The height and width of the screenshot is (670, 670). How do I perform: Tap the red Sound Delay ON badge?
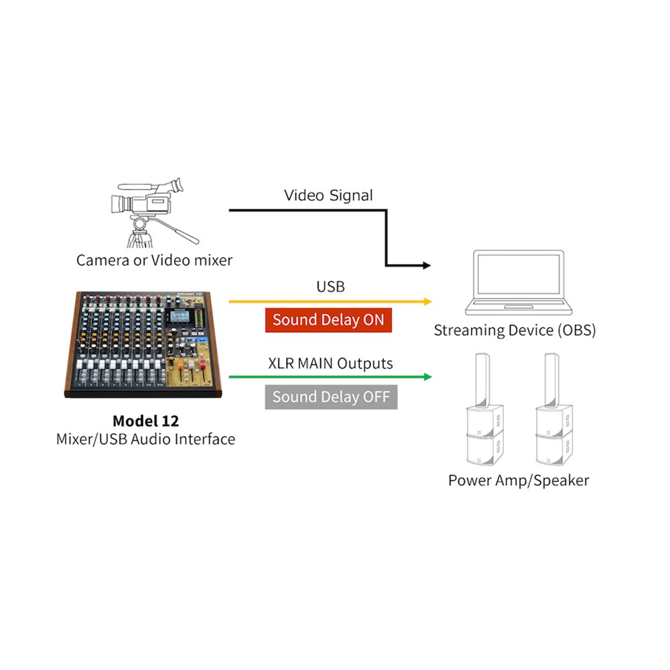[x=328, y=320]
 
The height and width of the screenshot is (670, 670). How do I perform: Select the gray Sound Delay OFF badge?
[x=331, y=397]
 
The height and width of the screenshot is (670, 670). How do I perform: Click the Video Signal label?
[x=328, y=196]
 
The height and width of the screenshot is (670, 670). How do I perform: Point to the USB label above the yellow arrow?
[x=330, y=287]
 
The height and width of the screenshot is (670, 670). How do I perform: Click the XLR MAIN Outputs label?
[x=330, y=364]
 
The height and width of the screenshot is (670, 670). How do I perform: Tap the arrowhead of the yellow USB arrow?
[x=427, y=301]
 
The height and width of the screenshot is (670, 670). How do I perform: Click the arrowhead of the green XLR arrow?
[x=427, y=377]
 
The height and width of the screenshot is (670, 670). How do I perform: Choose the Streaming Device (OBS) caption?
[x=515, y=330]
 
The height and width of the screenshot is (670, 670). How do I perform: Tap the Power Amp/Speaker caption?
[x=519, y=480]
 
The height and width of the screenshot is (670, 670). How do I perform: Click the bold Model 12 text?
[x=145, y=421]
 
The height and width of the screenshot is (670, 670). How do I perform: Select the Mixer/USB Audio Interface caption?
[x=145, y=440]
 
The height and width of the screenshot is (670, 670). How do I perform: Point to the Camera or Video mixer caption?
[x=154, y=260]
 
